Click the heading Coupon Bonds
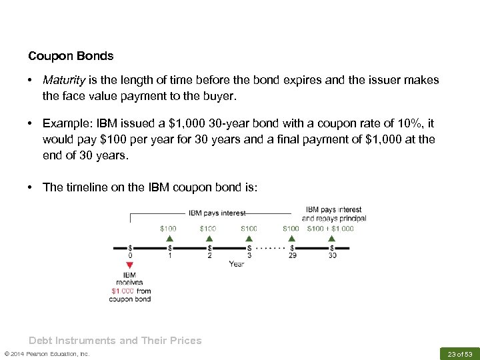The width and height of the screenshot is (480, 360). tap(71, 56)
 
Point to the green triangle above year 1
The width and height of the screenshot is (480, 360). tap(169, 237)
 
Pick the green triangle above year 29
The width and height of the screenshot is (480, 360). tap(291, 237)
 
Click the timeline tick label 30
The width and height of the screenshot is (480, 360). tap(332, 255)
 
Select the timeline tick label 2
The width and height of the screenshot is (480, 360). tap(209, 255)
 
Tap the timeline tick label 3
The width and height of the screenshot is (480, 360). tap(249, 255)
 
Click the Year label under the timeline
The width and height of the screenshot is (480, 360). tap(236, 264)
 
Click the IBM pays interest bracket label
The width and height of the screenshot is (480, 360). tap(217, 213)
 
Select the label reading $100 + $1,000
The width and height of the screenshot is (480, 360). tap(331, 228)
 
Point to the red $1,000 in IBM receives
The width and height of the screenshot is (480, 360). tap(123, 291)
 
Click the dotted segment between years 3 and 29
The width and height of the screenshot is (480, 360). tap(271, 247)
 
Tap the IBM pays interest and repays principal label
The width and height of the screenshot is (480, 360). tap(333, 213)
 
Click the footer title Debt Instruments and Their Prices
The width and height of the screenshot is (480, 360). tap(115, 341)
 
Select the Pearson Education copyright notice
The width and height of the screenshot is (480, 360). tap(47, 353)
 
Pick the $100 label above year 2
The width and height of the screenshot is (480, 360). tap(208, 228)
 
